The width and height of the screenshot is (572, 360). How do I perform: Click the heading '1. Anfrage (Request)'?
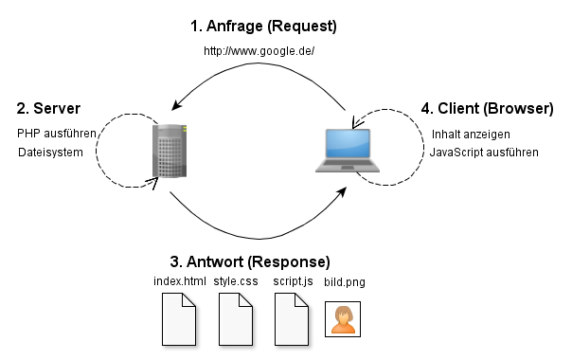(x=263, y=27)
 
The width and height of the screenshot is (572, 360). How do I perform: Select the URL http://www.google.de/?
(x=259, y=51)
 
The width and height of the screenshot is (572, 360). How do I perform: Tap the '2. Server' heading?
(x=48, y=108)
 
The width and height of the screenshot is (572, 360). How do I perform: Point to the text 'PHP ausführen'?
(x=57, y=134)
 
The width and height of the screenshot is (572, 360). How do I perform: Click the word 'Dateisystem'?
(x=50, y=153)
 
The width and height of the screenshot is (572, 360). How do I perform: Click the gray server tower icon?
(x=170, y=151)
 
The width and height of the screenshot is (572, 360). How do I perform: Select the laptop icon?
(x=348, y=150)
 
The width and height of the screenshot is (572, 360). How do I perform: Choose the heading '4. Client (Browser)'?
(x=488, y=109)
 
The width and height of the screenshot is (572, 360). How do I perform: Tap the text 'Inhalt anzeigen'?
(x=471, y=135)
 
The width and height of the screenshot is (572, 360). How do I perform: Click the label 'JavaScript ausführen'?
(x=484, y=153)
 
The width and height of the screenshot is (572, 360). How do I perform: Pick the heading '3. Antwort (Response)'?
(x=250, y=261)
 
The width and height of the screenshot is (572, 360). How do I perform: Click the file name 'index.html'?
(x=180, y=281)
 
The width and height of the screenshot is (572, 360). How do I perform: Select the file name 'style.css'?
(x=236, y=281)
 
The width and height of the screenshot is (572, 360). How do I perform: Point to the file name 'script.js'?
(x=293, y=281)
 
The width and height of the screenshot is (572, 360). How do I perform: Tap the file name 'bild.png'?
(x=345, y=282)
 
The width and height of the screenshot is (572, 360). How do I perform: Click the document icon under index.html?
(x=179, y=319)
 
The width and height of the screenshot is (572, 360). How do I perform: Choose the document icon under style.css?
(x=236, y=319)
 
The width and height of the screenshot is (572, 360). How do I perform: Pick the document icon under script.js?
(x=292, y=319)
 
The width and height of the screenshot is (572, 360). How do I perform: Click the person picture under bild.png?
(x=343, y=319)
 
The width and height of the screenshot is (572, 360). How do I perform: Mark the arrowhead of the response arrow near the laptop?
(x=342, y=192)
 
